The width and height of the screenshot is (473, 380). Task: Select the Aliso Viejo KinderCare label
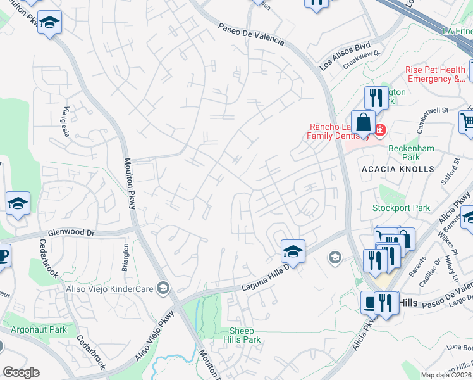click(111, 289)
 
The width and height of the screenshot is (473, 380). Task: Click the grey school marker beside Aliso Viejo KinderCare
click(163, 289)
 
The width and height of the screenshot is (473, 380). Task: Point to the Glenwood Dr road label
click(73, 233)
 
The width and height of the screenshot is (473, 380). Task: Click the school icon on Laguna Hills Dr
click(293, 251)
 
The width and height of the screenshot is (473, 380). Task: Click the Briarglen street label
click(124, 255)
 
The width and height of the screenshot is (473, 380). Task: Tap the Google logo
click(21, 372)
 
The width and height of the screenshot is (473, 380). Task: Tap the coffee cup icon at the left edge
click(3, 256)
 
